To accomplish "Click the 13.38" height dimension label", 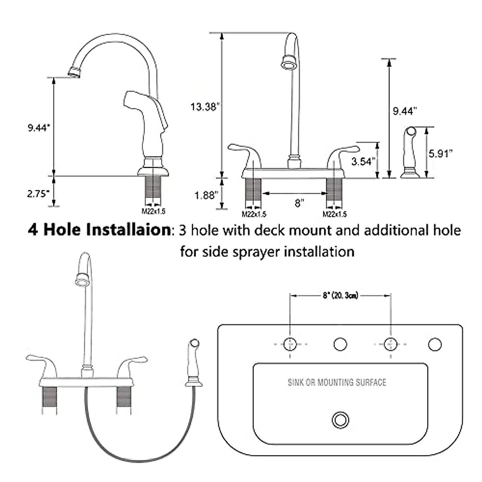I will click(x=205, y=107).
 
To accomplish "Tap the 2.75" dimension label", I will click(x=38, y=193).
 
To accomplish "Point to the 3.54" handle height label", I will click(x=364, y=161).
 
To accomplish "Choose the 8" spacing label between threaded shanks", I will click(x=298, y=203).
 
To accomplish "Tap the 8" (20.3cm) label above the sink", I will click(x=340, y=296).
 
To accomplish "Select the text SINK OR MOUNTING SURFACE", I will click(x=337, y=382).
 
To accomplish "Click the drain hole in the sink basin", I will click(x=340, y=420).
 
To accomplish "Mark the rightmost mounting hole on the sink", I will click(x=435, y=344).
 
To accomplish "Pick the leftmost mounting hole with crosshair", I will click(x=290, y=344).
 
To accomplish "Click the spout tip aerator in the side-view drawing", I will click(x=75, y=72).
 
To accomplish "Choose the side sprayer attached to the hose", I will click(x=193, y=364).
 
